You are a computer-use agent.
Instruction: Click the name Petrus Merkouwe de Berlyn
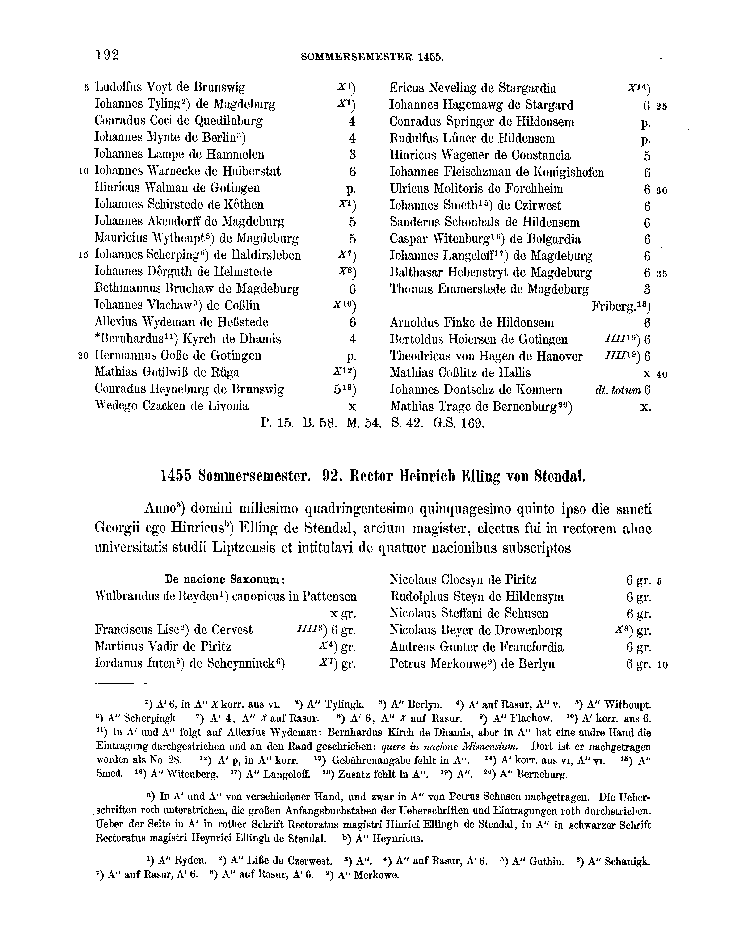[472, 664]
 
